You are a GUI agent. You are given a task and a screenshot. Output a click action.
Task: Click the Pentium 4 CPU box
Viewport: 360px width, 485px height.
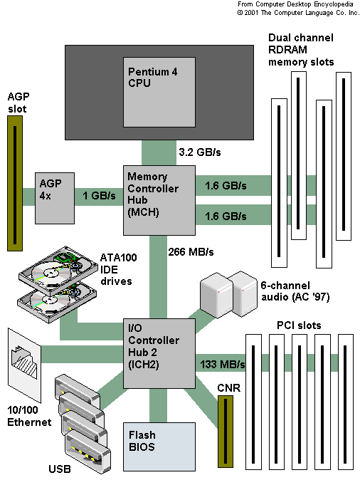159,92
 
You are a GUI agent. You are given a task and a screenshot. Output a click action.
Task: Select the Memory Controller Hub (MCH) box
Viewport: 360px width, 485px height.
159,200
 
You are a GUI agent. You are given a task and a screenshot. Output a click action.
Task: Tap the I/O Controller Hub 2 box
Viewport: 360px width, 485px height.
159,353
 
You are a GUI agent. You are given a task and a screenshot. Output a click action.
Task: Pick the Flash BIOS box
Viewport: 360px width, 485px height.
159,447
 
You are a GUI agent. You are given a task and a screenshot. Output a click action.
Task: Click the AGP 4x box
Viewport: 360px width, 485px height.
55,198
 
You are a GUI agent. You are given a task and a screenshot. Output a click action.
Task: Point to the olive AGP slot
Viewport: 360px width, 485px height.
15,184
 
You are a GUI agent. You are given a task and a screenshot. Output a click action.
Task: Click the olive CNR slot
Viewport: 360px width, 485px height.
226,432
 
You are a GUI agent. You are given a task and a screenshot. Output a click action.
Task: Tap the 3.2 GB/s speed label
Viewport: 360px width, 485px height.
200,152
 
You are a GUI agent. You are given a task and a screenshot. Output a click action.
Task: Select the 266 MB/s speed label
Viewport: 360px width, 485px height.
191,252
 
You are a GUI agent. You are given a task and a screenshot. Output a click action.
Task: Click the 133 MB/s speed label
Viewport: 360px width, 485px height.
223,365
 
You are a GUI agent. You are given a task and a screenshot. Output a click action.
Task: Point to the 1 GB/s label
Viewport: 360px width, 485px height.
99,195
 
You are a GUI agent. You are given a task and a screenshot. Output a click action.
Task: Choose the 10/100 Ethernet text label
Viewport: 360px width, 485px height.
29,416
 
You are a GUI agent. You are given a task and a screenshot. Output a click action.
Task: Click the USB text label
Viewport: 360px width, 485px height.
60,469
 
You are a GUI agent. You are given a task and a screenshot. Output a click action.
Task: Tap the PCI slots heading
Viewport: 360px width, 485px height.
299,325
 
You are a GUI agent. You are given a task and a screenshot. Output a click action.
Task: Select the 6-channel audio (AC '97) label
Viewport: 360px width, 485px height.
295,291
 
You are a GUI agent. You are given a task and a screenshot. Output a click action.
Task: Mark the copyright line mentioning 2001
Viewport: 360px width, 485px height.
298,13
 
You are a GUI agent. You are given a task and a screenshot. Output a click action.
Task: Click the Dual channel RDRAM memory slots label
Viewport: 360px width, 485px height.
301,50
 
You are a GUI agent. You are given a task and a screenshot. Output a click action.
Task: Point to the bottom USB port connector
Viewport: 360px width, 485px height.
88,452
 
